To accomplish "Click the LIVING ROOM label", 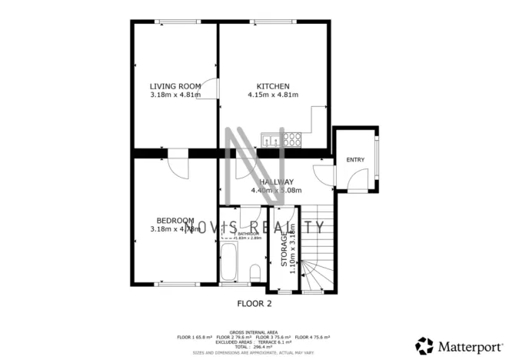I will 175,85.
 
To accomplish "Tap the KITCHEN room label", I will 272,85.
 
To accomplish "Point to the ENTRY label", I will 355,160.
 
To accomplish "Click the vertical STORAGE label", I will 284,250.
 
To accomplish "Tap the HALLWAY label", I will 275,182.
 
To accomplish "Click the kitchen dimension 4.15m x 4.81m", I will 272,95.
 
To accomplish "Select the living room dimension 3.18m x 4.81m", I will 175,95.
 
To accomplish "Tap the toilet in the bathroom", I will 256,272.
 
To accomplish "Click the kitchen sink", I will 271,140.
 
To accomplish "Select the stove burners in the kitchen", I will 292,140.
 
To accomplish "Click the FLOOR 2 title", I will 254,303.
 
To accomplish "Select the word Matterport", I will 466,345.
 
